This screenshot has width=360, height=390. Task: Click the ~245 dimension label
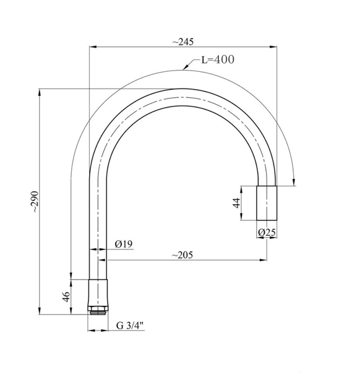click(183, 42)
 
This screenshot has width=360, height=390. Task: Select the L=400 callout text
click(218, 59)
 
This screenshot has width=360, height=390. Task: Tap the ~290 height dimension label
click(35, 201)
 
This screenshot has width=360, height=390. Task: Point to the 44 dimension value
click(236, 202)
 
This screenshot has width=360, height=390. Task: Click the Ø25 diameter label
click(267, 232)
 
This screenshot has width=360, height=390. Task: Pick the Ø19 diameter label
click(124, 244)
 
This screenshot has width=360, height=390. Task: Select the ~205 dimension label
click(182, 255)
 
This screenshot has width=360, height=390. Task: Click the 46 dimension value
click(66, 297)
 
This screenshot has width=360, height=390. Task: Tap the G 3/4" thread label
click(130, 326)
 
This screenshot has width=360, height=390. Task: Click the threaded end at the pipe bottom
click(98, 312)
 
